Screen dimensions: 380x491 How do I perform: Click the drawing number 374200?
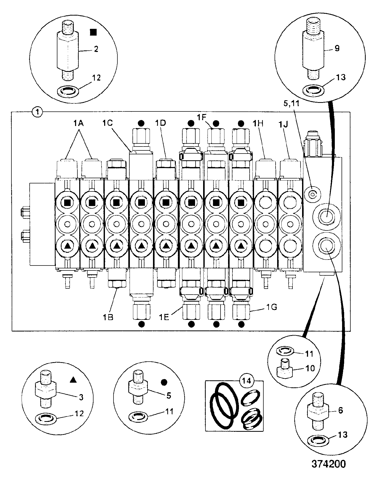[x=329, y=464]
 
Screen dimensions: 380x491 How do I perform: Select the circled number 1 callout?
[x=37, y=112]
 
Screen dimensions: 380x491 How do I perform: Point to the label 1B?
[x=108, y=317]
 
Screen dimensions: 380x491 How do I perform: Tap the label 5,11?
[x=291, y=104]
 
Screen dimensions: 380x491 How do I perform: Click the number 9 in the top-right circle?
[x=337, y=48]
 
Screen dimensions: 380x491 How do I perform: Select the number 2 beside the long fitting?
[x=96, y=49]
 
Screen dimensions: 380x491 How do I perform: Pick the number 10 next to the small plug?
[x=310, y=368]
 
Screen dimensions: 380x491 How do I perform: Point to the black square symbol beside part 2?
[x=93, y=32]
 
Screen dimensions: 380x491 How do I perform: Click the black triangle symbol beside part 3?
[x=73, y=380]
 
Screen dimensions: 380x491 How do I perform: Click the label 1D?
[x=161, y=123]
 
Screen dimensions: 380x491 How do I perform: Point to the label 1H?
[x=258, y=124]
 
